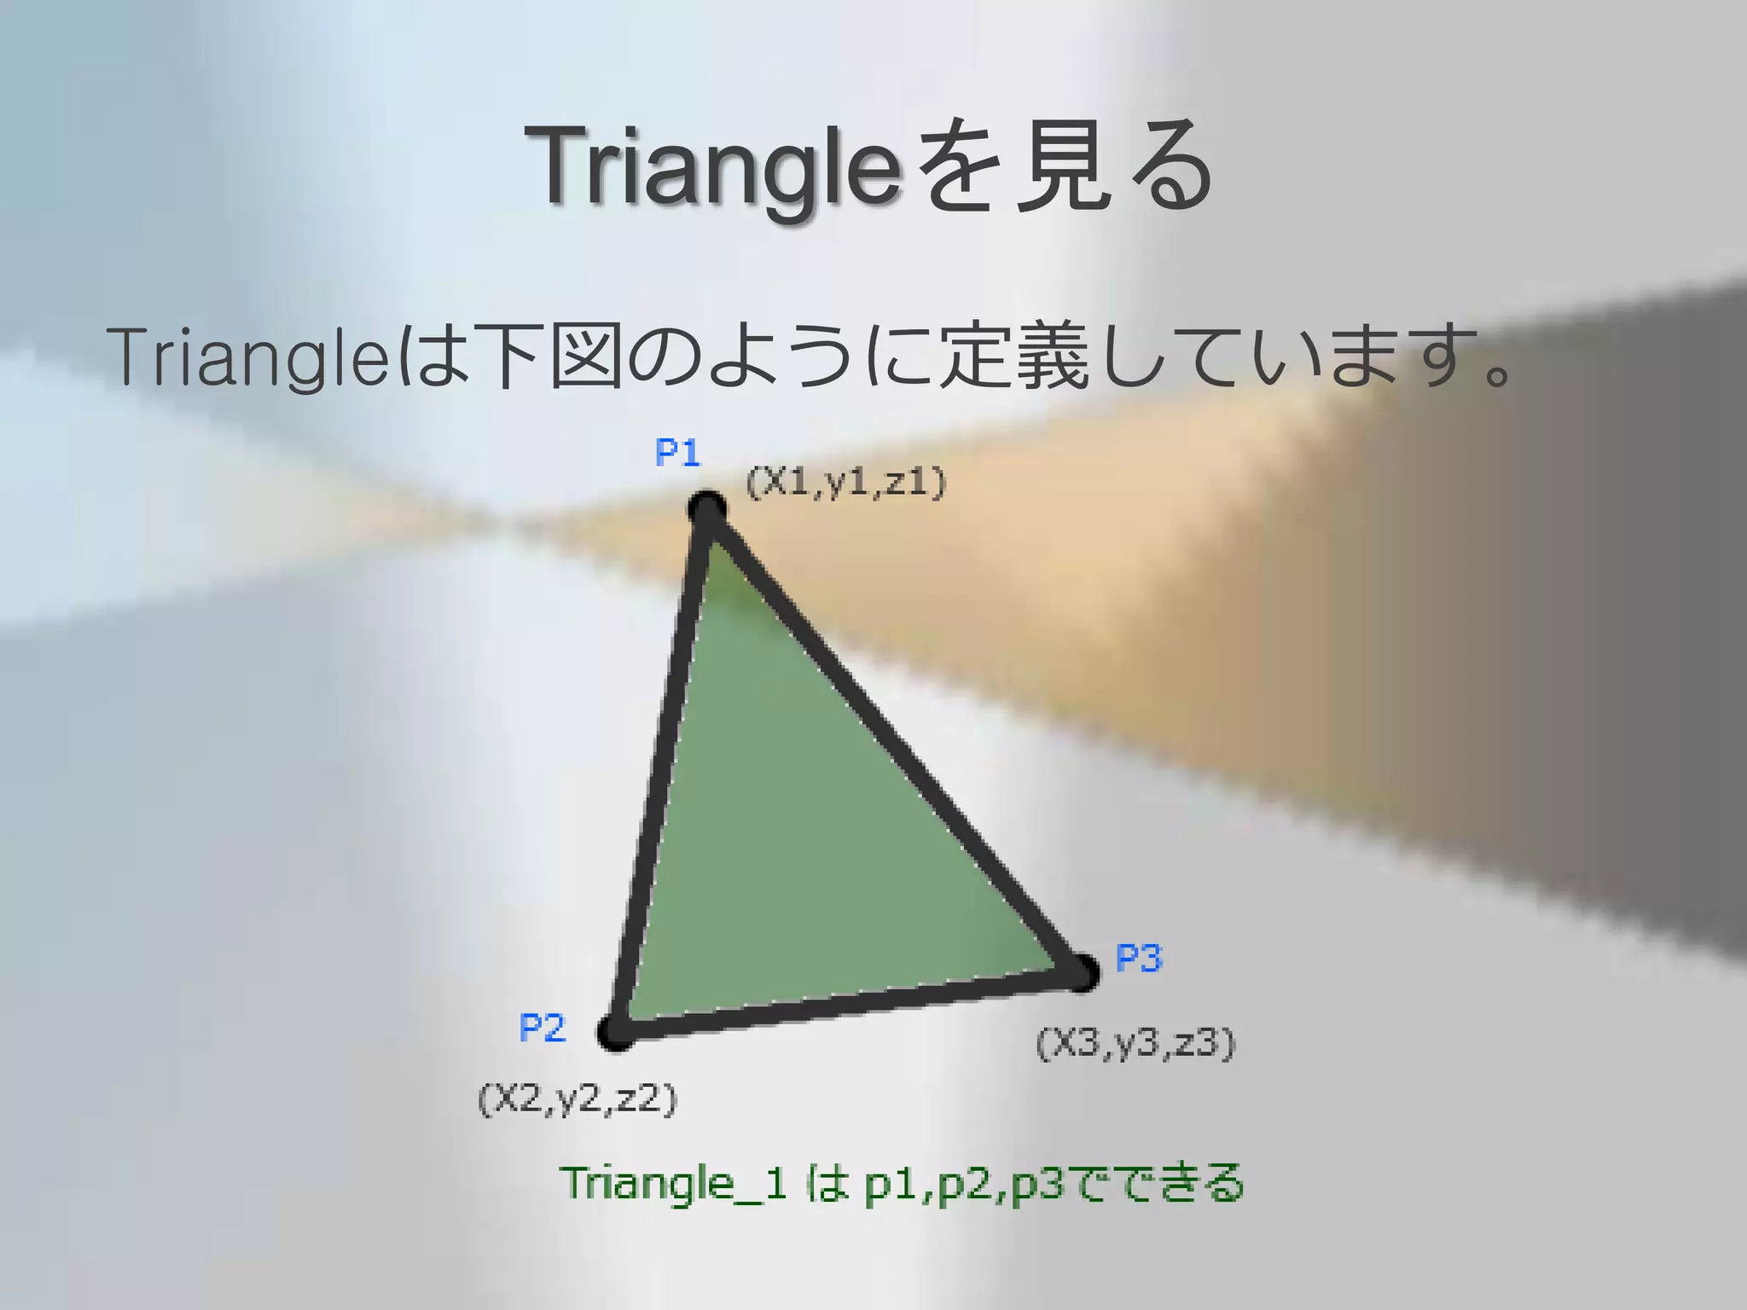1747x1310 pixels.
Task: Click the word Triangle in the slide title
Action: (713, 166)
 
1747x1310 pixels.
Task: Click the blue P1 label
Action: (677, 452)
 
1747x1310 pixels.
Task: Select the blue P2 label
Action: (542, 1029)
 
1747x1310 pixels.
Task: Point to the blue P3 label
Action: (1139, 959)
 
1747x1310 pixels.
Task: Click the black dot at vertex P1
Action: (707, 510)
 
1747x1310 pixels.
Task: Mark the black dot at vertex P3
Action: (1081, 972)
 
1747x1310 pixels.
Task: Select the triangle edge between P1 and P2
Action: (662, 768)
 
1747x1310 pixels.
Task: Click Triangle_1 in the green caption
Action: (674, 1184)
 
